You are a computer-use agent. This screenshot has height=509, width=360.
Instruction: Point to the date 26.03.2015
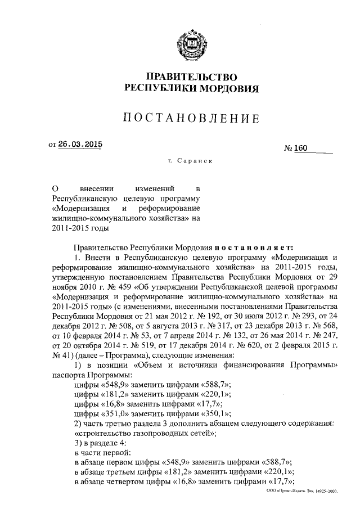(x=81, y=143)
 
